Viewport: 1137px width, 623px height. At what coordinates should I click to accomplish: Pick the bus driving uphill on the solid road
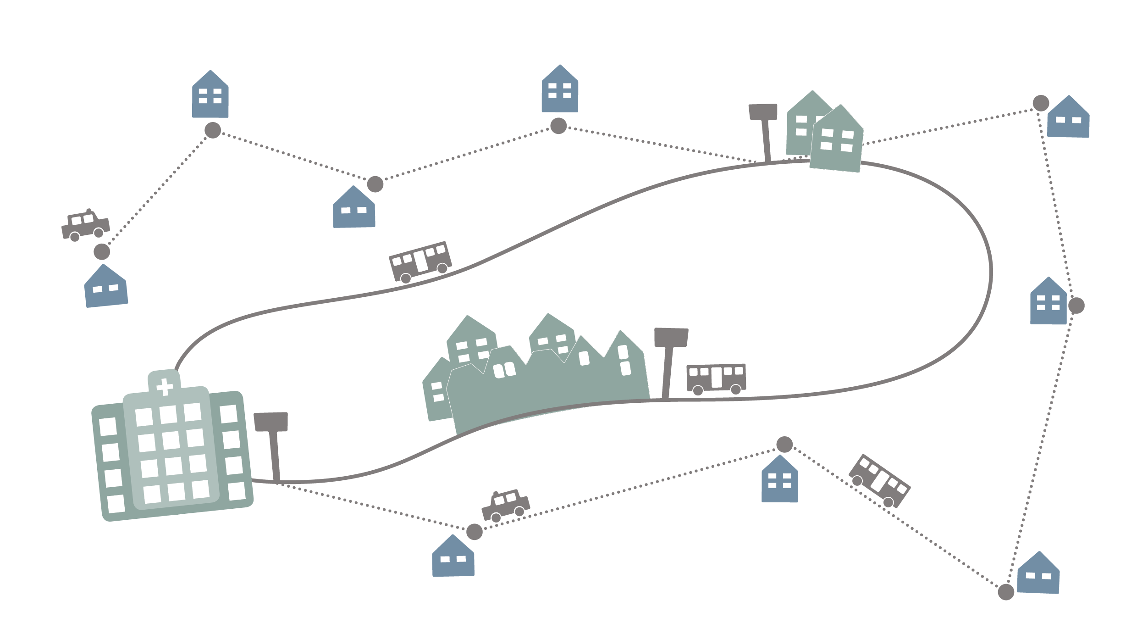[420, 261]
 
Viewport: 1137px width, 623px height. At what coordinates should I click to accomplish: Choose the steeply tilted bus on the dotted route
[879, 481]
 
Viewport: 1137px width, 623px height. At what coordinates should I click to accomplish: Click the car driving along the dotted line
[506, 505]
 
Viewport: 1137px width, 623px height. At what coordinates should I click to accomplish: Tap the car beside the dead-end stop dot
[86, 225]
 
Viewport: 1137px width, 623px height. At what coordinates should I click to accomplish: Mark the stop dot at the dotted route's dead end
[102, 251]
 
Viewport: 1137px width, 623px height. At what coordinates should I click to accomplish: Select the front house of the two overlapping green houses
[837, 140]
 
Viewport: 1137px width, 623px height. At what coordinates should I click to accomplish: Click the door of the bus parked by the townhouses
[716, 377]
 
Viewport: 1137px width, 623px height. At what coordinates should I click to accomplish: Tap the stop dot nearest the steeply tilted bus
[784, 444]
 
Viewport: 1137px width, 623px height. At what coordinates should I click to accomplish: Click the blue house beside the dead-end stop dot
[106, 287]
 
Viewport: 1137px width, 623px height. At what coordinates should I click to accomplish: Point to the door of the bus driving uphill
[420, 261]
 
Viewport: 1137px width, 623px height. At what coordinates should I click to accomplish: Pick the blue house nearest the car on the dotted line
[453, 557]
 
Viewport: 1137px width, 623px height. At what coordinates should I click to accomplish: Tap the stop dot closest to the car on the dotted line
[475, 532]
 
